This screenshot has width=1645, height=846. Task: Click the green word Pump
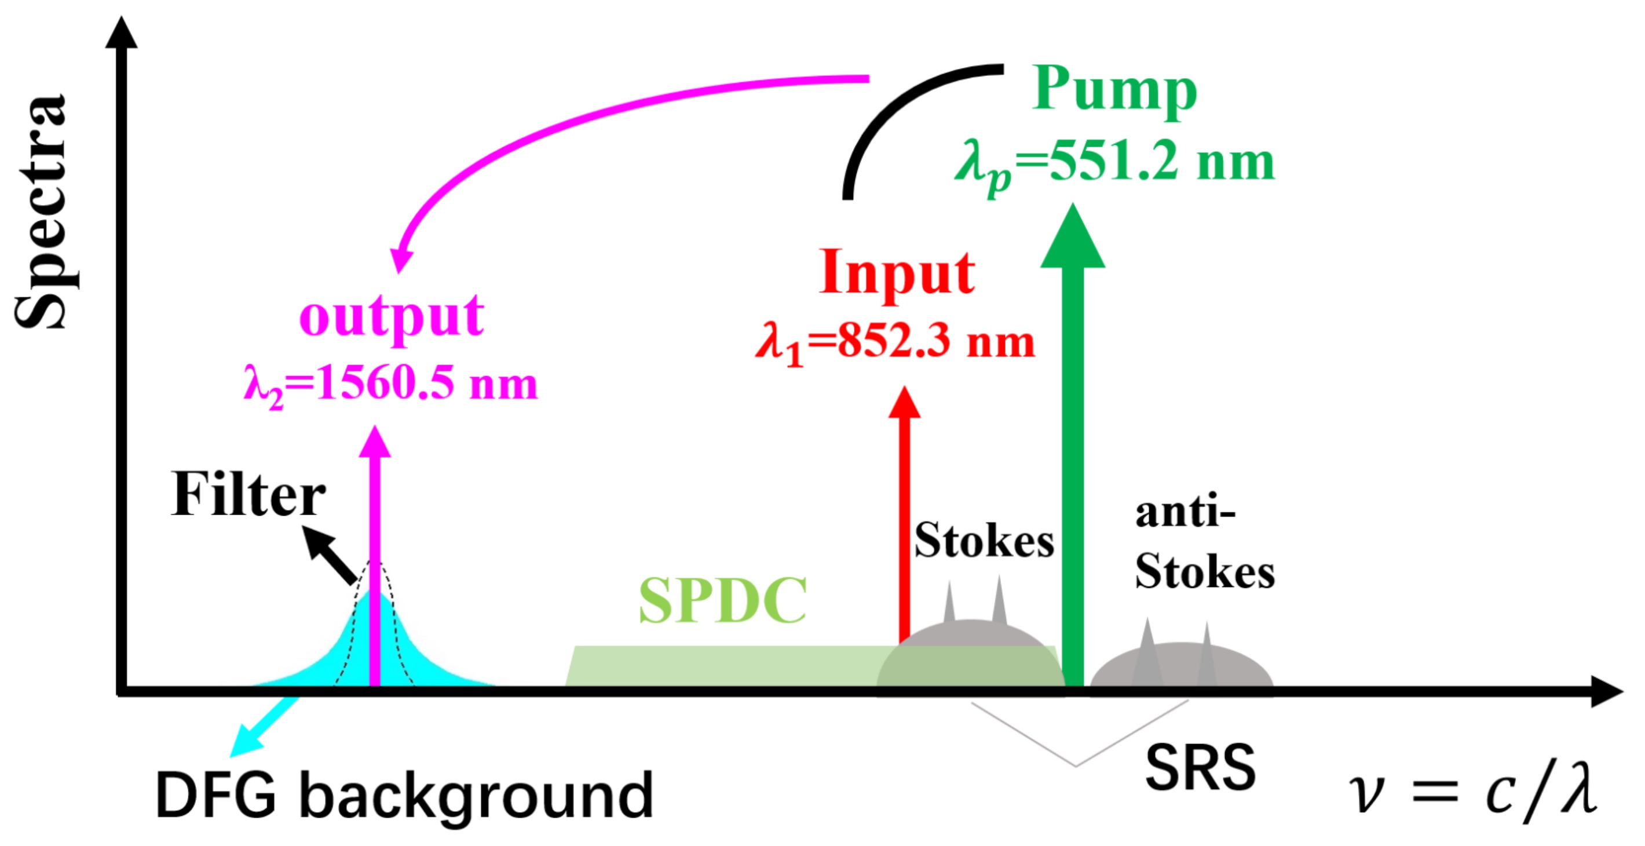(1114, 92)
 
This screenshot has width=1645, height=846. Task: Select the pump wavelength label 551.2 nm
(1114, 163)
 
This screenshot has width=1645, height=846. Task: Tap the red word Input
(897, 274)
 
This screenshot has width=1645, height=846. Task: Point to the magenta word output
(392, 318)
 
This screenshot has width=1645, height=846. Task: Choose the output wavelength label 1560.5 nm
(391, 385)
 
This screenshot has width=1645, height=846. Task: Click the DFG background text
(404, 796)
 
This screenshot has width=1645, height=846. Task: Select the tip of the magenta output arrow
(375, 443)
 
